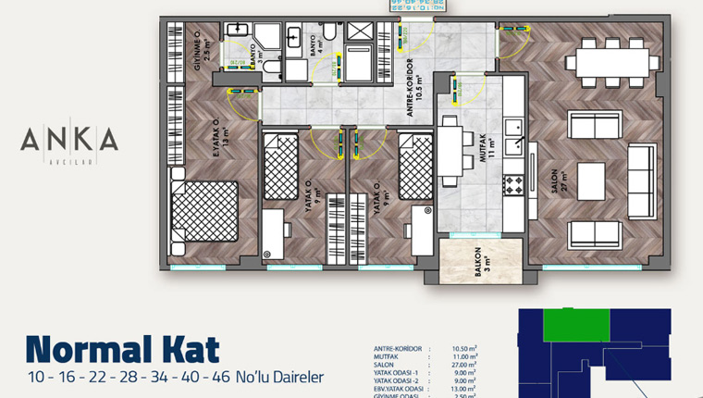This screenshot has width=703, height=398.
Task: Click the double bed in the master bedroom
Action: pos(204,213)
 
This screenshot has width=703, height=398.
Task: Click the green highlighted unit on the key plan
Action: pos(575,325)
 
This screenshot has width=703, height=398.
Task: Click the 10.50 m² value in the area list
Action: pos(466,349)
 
